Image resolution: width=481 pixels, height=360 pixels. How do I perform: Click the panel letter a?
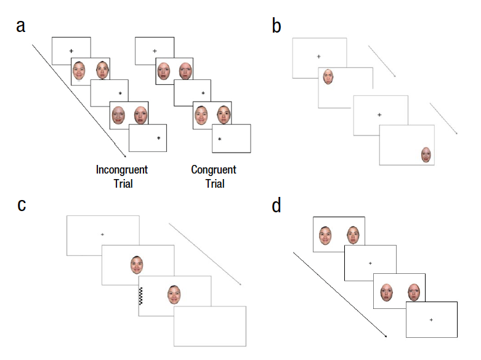22,28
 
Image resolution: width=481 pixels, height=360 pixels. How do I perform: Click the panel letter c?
22,204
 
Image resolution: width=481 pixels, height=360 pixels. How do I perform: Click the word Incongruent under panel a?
122,170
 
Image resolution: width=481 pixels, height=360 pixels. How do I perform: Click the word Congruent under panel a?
214,170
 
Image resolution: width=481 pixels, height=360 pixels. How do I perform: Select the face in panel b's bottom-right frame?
426,154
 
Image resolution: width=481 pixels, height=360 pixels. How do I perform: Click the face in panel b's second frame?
328,77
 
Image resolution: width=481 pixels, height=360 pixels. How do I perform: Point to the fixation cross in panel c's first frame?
102,234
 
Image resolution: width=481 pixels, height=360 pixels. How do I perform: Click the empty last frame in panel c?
209,326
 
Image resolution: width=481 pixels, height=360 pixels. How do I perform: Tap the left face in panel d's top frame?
325,234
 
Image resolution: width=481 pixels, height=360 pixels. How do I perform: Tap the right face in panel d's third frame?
413,291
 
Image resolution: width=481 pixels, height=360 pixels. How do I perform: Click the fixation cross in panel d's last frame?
431,319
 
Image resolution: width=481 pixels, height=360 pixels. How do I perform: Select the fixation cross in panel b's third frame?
379,114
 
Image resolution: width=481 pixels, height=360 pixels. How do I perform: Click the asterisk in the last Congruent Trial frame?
219,139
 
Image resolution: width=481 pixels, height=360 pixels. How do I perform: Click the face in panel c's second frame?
137,265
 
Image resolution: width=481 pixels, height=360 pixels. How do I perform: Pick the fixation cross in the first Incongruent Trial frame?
71,50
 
